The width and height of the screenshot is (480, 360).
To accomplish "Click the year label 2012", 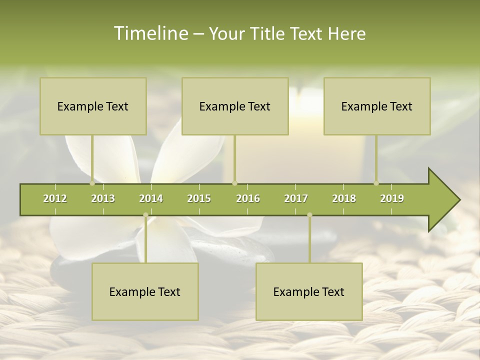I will point(55,198).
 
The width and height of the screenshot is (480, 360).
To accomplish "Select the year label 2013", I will point(103,198).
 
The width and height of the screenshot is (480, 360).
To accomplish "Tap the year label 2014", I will point(151,198).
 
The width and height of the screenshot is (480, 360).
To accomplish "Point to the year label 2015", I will point(199,198).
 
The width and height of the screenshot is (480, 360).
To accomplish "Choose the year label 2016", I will point(248,198).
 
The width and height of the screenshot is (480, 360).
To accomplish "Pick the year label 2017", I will point(296,198).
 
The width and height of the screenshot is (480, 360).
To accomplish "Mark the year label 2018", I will point(344,198).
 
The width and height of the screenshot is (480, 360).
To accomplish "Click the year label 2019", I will point(392,198).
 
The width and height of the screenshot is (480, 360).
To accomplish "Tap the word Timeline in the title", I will point(150,33).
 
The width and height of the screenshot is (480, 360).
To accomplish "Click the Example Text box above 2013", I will point(93,106).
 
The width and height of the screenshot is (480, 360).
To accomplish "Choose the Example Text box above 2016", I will point(235,106).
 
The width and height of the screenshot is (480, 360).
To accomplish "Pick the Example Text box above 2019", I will point(377,106).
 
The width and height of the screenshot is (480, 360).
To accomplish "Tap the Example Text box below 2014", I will point(145,292).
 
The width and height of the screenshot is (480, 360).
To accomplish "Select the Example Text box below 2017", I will point(309,292).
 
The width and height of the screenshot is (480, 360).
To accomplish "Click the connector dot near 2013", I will point(92,183).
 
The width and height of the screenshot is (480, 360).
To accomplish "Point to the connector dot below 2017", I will point(309,215).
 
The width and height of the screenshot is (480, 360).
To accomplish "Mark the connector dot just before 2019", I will point(376,183).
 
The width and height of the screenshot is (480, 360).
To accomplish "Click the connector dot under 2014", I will point(145,215).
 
